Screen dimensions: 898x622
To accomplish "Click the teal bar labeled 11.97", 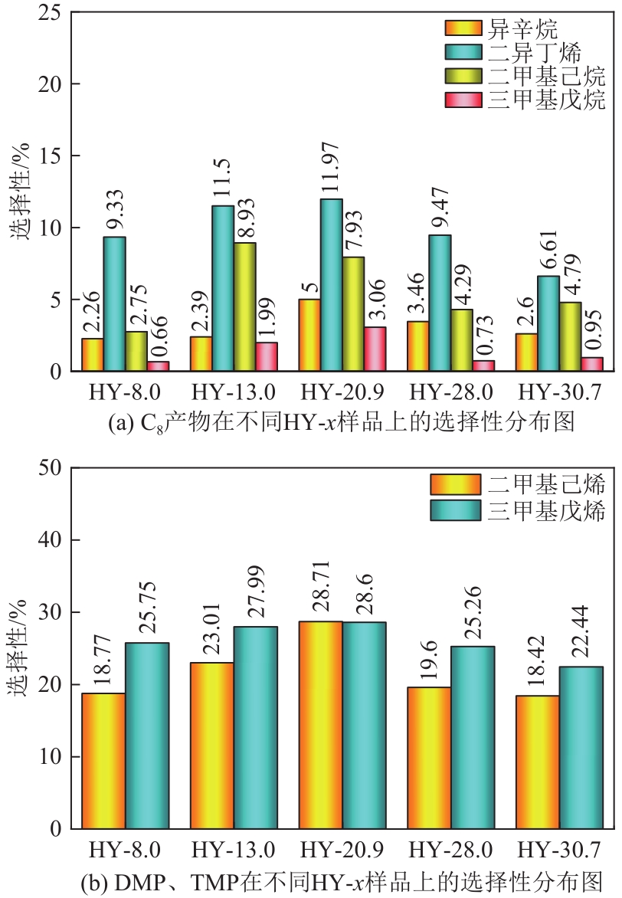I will point(331,285).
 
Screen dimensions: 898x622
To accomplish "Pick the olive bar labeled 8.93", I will point(244,306).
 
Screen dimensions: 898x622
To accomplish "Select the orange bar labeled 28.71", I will point(321,725).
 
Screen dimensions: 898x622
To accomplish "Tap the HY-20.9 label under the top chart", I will point(332,394).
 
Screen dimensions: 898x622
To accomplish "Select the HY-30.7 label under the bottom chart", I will point(559,850).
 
